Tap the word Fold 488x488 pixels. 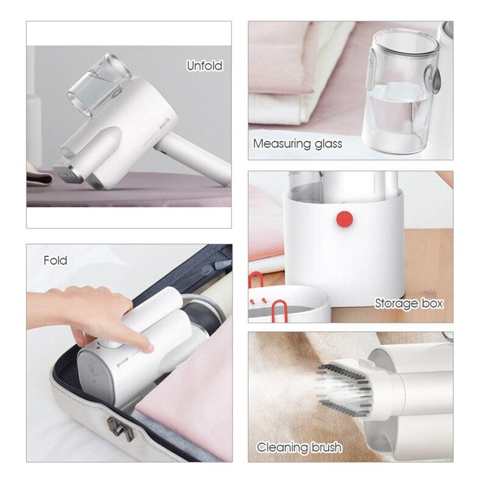[x=56, y=261]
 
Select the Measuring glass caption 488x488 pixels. [x=298, y=144]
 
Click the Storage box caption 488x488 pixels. [x=409, y=303]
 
